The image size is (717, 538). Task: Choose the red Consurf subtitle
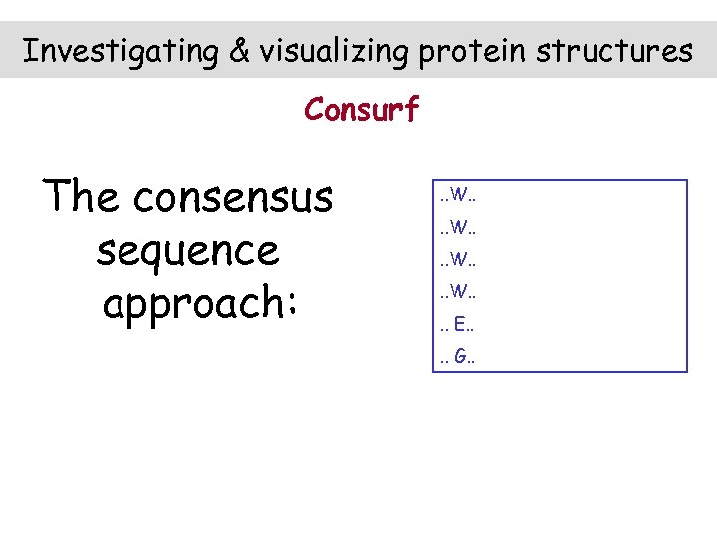(x=361, y=108)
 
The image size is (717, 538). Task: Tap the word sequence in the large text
(x=187, y=251)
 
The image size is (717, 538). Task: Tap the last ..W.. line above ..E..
(x=458, y=291)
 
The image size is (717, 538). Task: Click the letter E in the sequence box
(x=457, y=323)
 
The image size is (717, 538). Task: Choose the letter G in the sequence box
(x=458, y=355)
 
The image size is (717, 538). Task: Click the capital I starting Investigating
(x=30, y=50)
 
